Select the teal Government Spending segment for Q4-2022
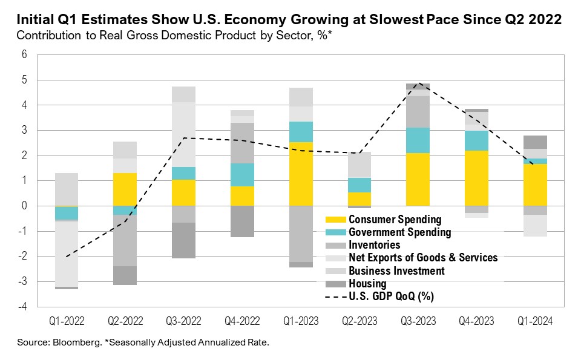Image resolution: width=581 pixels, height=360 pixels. click(242, 175)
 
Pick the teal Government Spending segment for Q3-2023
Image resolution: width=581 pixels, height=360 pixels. click(418, 140)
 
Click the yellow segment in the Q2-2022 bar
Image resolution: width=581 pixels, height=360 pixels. click(125, 189)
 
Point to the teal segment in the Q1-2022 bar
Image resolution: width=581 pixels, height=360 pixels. click(67, 214)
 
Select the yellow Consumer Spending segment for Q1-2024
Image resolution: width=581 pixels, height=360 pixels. click(535, 185)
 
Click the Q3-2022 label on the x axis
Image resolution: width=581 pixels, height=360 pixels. click(183, 320)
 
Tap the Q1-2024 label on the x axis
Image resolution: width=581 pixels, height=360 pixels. click(535, 320)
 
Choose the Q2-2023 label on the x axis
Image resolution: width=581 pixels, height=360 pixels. click(359, 320)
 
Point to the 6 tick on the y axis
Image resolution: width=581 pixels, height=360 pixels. click(25, 54)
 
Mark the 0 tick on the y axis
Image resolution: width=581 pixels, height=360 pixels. click(25, 206)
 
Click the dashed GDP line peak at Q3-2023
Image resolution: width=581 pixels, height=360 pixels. click(418, 84)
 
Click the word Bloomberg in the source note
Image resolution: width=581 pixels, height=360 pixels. click(64, 342)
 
